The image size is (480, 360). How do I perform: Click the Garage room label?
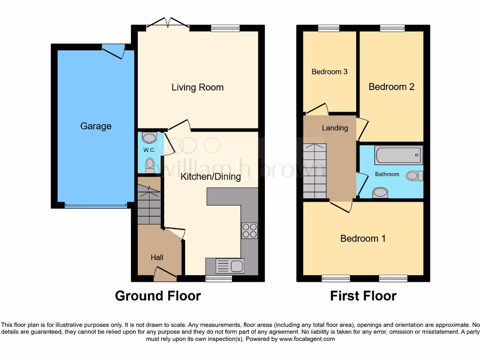96,126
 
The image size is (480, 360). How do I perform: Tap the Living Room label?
197,87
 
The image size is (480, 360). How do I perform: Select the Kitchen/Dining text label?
210,177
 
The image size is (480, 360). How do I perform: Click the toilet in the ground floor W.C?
150,165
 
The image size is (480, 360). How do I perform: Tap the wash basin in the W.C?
149,138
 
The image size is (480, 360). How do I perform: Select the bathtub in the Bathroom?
398,155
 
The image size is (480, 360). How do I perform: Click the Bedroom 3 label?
330,72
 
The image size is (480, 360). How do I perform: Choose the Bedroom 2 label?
391,87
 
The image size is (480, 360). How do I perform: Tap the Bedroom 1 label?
363,239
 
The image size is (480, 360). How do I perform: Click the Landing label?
335,128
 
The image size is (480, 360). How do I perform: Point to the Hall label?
157,257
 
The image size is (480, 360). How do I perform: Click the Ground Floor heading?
158,296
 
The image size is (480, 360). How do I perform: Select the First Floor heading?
363,296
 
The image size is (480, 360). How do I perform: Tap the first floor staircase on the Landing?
314,171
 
